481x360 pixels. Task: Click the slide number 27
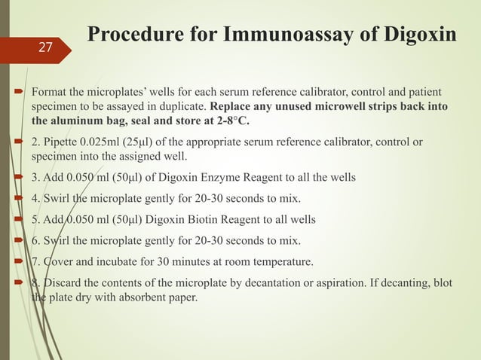coord(45,47)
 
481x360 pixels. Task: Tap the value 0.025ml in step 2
coord(101,142)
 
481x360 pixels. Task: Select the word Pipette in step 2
coord(62,142)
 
